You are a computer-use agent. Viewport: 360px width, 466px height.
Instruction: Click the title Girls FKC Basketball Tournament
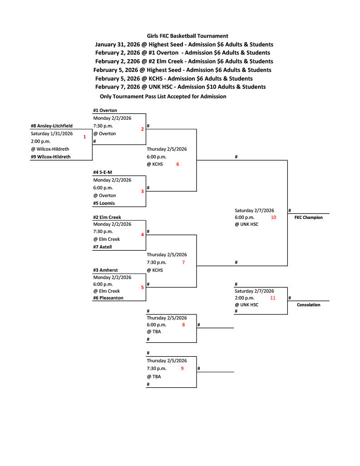pyautogui.click(x=188, y=35)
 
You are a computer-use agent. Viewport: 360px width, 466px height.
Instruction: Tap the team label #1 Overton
pyautogui.click(x=105, y=110)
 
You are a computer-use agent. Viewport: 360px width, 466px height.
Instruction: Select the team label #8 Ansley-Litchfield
pyautogui.click(x=51, y=126)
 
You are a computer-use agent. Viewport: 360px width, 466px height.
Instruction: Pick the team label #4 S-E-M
pyautogui.click(x=102, y=172)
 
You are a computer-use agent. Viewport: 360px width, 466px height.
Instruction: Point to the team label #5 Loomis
pyautogui.click(x=104, y=203)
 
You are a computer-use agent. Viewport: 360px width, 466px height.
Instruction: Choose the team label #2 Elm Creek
pyautogui.click(x=107, y=217)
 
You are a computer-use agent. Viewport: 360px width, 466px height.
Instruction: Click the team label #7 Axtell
pyautogui.click(x=102, y=247)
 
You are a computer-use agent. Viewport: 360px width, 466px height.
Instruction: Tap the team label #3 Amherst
pyautogui.click(x=106, y=269)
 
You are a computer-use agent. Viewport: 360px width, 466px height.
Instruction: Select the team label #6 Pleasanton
pyautogui.click(x=108, y=298)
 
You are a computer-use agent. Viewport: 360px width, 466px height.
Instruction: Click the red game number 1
pyautogui.click(x=85, y=137)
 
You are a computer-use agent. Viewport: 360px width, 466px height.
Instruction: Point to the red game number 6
pyautogui.click(x=177, y=164)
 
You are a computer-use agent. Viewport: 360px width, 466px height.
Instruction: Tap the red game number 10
pyautogui.click(x=274, y=218)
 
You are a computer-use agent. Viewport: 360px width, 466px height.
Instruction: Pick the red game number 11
pyautogui.click(x=273, y=298)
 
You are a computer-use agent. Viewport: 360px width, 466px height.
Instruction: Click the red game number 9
pyautogui.click(x=182, y=369)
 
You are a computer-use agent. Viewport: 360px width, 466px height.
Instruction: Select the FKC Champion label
pyautogui.click(x=305, y=218)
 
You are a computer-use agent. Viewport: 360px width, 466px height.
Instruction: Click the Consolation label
pyautogui.click(x=309, y=305)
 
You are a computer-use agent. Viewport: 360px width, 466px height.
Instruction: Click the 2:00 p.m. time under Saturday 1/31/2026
pyautogui.click(x=41, y=141)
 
